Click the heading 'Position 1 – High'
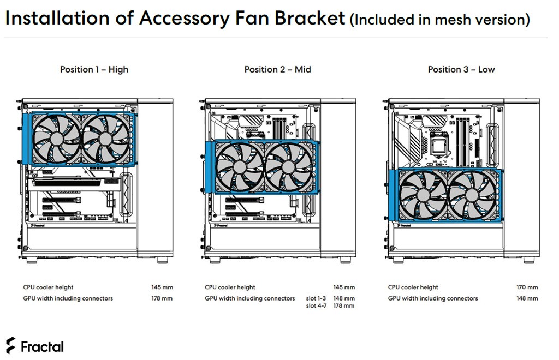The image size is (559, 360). pyautogui.click(x=94, y=69)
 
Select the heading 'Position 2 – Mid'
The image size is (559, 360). pyautogui.click(x=277, y=69)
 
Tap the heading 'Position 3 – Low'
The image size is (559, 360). pyautogui.click(x=461, y=69)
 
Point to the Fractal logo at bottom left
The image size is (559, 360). pyautogui.click(x=34, y=346)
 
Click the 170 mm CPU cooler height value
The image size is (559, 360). pyautogui.click(x=527, y=287)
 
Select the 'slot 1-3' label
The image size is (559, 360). pyautogui.click(x=316, y=298)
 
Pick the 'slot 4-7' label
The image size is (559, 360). pyautogui.click(x=316, y=306)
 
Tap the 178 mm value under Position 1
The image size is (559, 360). pyautogui.click(x=162, y=298)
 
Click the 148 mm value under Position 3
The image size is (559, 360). pyautogui.click(x=527, y=298)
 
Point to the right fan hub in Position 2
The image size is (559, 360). pyautogui.click(x=289, y=167)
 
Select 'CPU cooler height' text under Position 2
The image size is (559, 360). pyautogui.click(x=230, y=287)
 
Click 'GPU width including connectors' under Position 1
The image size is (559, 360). pyautogui.click(x=68, y=298)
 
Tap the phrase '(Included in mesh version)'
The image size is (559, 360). pyautogui.click(x=440, y=20)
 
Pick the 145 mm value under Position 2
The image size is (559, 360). pyautogui.click(x=344, y=287)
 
